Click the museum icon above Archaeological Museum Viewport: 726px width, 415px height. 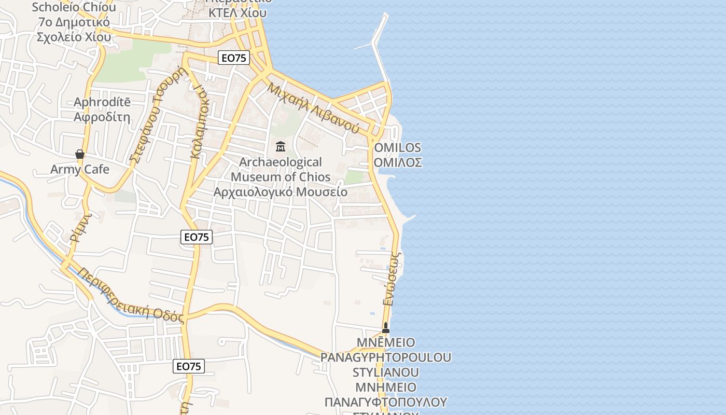pos(281,147)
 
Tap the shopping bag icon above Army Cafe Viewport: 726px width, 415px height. pos(80,154)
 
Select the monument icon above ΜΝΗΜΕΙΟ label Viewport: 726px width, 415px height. pos(385,328)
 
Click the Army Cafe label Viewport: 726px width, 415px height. pos(80,169)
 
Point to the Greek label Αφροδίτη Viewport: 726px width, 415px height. pos(102,117)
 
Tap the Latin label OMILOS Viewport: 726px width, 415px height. pos(397,147)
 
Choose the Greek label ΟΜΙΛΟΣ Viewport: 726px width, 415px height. pos(397,162)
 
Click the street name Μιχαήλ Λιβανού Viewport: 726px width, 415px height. pos(313,108)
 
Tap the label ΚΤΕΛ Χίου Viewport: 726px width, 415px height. pos(238,13)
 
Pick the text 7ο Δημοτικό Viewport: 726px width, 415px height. pos(73,22)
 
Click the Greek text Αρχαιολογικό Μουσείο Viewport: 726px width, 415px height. pos(281,192)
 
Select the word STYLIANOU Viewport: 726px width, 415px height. pos(386,372)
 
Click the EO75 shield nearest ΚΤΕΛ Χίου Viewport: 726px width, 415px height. pos(234,58)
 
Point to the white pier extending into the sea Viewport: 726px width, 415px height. pos(378,47)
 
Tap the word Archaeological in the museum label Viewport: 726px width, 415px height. pos(281,162)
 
